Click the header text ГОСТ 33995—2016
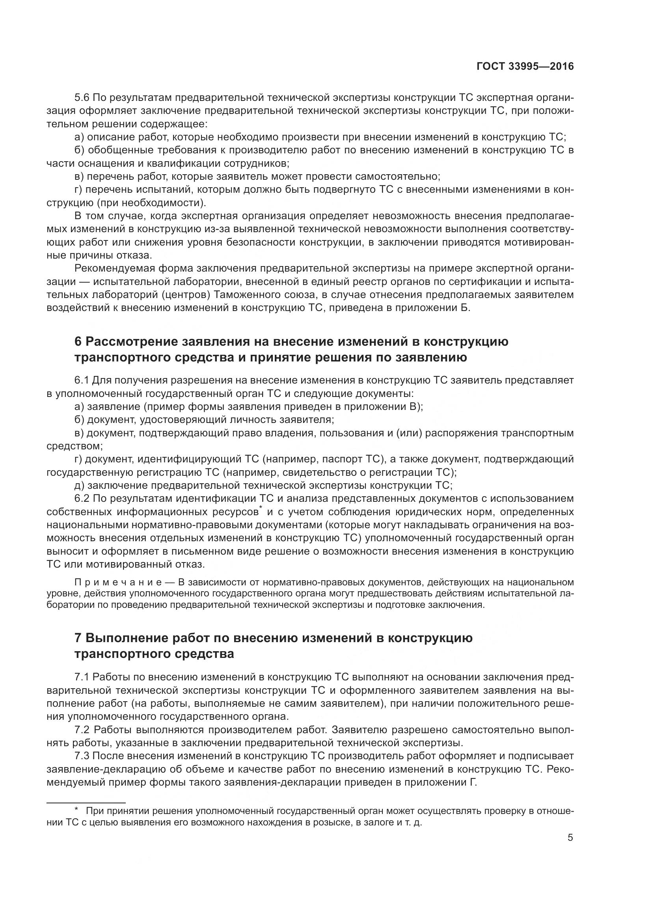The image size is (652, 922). (525, 67)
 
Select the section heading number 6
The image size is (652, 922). (78, 342)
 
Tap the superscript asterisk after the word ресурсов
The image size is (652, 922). (261, 509)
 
